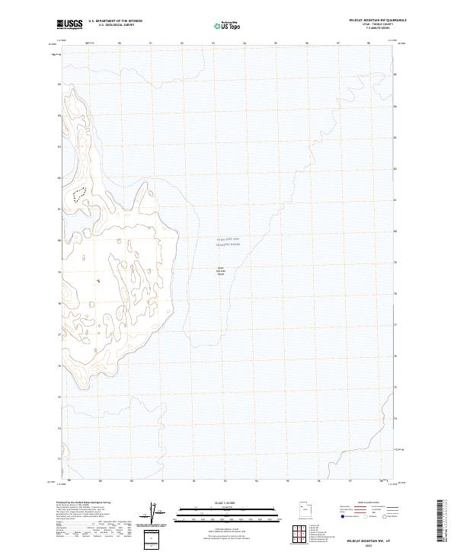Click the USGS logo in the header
pyautogui.click(x=70, y=24)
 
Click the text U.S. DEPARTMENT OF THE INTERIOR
pyautogui.click(x=115, y=21)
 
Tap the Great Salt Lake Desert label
pyautogui.click(x=222, y=269)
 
